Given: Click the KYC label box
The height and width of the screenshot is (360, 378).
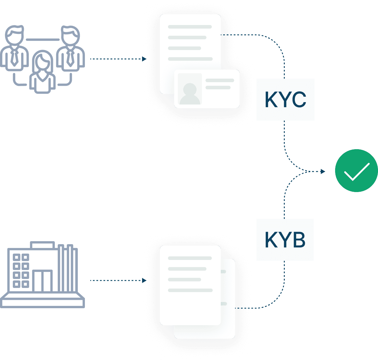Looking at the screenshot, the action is [285, 99].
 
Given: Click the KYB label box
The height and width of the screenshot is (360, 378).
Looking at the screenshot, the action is [285, 240].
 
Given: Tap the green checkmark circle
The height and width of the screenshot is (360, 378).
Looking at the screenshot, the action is [356, 171].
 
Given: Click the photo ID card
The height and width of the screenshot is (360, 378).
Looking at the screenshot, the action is [207, 89].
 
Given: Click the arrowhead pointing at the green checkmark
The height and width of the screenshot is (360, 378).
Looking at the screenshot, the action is [323, 172].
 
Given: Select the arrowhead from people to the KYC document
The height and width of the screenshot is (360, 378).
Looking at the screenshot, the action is [144, 59].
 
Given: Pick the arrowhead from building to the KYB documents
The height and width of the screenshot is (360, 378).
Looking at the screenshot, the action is [144, 280].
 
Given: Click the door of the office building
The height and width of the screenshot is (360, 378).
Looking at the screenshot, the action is [42, 281].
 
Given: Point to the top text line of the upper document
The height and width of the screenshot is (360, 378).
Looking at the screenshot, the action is [190, 27].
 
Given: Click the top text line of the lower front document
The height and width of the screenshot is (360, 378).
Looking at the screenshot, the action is [190, 258].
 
